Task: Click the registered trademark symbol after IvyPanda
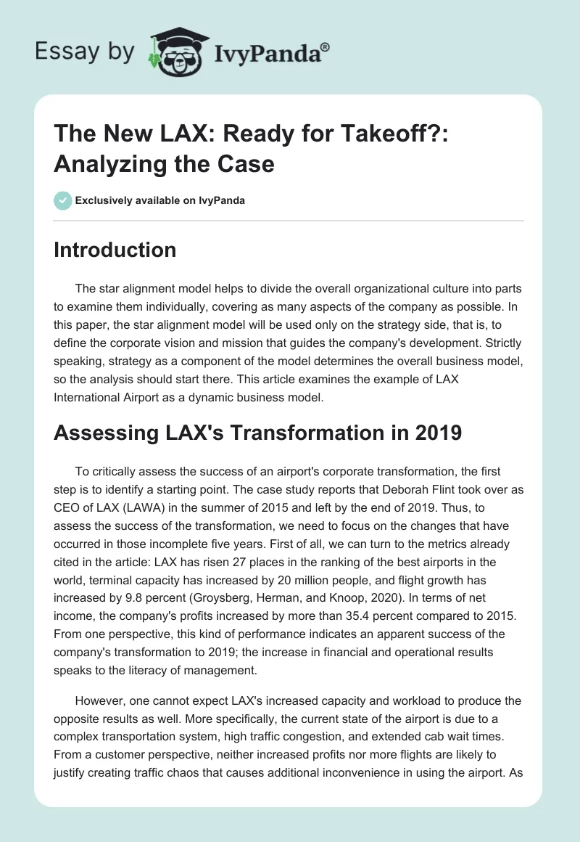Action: (326, 48)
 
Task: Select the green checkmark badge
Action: (64, 200)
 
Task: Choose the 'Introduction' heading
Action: (115, 250)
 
